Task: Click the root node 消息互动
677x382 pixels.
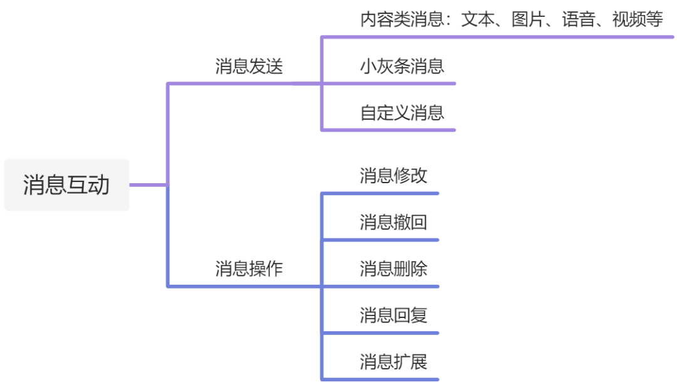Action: pos(66,185)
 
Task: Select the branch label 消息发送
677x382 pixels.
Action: pos(249,66)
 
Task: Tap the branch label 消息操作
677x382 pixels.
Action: pos(249,269)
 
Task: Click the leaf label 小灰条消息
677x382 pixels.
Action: pos(402,66)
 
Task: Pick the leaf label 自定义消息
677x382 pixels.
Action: pos(402,113)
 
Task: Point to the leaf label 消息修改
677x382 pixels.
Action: pos(393,176)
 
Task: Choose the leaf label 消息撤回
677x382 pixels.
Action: pos(393,222)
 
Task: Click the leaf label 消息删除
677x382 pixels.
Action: pos(393,269)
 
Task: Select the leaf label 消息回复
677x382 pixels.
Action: pos(393,315)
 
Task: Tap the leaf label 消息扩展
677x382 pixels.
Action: pos(393,362)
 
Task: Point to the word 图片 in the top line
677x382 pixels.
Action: pos(528,20)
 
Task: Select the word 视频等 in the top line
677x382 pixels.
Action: pos(637,20)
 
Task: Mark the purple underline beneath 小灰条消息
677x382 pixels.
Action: pos(389,83)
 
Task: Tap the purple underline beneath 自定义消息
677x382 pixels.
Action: pos(389,130)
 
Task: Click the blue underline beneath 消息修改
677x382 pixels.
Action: pos(380,193)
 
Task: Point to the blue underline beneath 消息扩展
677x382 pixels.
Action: pos(380,379)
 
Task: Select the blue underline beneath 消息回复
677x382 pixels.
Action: pos(380,332)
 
